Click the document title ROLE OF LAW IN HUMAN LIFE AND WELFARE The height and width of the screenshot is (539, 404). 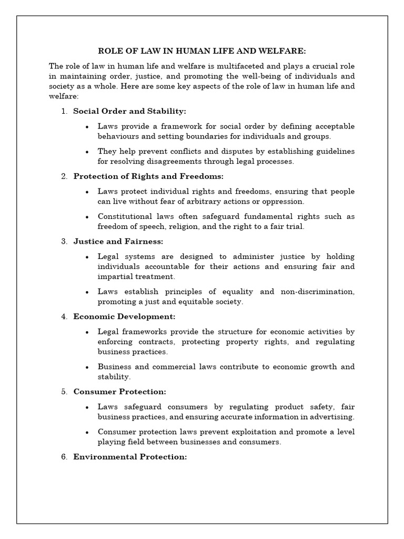[x=202, y=51]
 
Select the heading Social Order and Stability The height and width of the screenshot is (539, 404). [x=129, y=111]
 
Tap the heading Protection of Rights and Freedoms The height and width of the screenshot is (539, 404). [x=148, y=176]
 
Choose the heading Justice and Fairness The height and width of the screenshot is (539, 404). [x=118, y=241]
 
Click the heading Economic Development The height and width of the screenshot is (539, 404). [x=124, y=316]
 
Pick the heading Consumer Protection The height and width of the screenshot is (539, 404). [x=119, y=392]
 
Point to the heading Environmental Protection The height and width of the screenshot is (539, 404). [x=130, y=457]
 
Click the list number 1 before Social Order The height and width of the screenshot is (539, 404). [x=64, y=111]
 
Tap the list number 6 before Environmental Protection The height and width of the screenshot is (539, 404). [x=64, y=457]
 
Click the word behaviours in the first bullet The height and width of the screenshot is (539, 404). [x=118, y=136]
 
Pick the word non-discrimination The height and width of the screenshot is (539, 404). [x=318, y=292]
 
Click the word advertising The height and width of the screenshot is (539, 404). [x=332, y=417]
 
